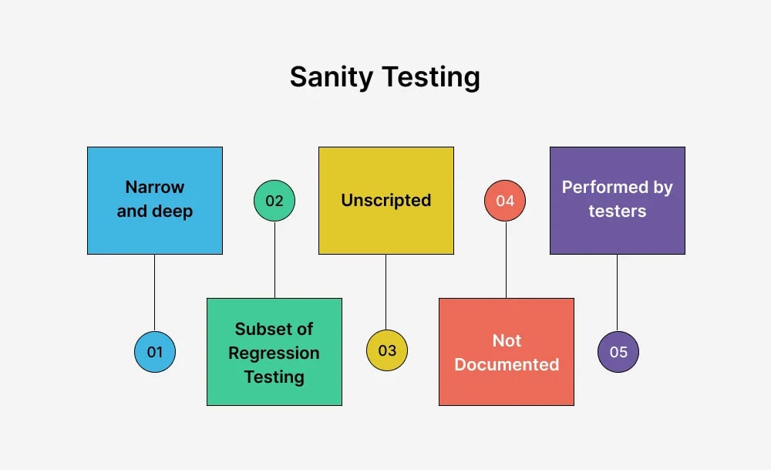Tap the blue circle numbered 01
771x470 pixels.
155,352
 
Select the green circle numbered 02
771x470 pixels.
274,201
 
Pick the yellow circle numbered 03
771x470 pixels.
387,351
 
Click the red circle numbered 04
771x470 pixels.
505,201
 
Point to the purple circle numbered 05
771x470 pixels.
618,352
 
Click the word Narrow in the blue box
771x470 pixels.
155,187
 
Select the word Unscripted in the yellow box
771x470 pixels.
385,201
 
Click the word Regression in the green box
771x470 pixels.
274,353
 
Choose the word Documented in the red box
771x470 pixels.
507,364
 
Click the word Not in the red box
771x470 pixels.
507,340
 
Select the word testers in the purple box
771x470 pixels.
617,211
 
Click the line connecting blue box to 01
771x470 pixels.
155,293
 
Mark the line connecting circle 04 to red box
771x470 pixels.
506,259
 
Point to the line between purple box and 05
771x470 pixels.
617,293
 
